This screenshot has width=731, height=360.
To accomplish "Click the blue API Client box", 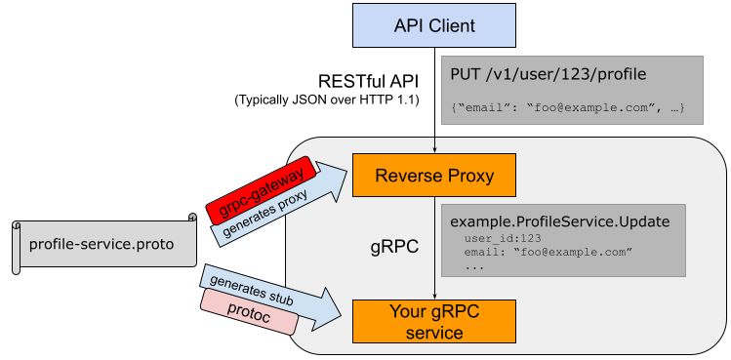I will (x=433, y=25).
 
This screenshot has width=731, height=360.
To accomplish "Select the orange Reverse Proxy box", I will (x=433, y=177).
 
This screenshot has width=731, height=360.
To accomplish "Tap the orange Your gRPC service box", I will (x=433, y=321).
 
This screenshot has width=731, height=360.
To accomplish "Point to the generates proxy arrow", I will (x=282, y=204).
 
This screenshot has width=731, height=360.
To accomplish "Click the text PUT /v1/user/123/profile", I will (x=547, y=74).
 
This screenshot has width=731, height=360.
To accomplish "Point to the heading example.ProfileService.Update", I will (x=559, y=221).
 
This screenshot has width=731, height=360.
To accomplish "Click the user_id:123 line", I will (x=503, y=238).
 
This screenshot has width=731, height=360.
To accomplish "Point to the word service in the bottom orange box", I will (x=433, y=332).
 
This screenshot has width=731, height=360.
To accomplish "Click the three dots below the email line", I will (x=474, y=266).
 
